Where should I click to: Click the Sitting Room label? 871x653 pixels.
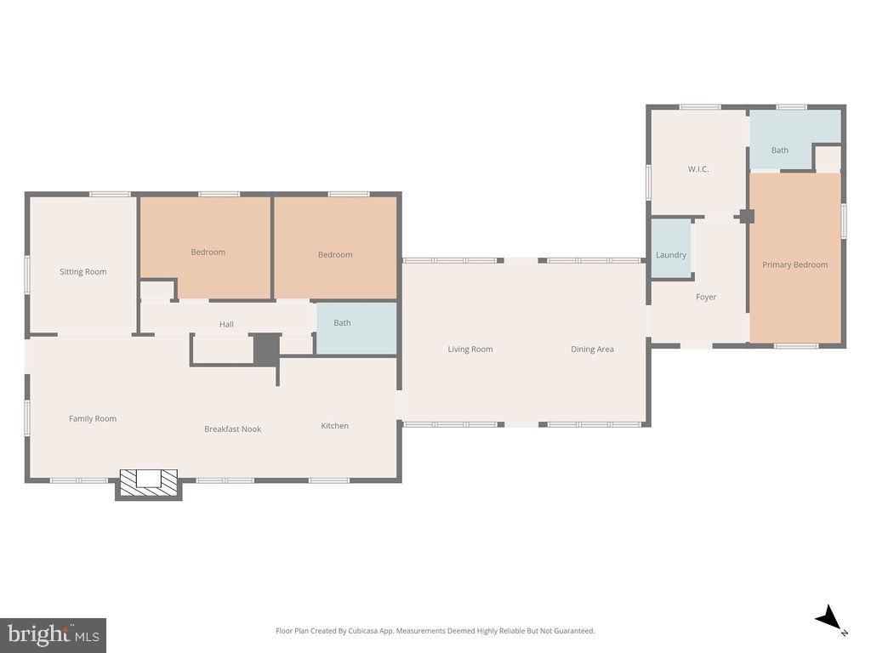[83, 272]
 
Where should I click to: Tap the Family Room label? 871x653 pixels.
[93, 418]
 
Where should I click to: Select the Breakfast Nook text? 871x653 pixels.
[232, 429]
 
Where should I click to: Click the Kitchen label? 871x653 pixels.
[334, 426]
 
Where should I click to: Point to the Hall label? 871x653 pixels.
[226, 324]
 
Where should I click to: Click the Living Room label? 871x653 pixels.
[470, 349]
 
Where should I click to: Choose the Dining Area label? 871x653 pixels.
[592, 349]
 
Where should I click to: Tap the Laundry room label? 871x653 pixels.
[671, 255]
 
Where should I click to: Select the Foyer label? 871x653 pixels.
[706, 298]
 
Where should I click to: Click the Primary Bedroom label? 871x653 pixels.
[794, 264]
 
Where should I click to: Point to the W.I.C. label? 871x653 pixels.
[698, 169]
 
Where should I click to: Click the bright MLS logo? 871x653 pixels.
[53, 634]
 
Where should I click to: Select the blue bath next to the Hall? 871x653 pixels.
[356, 327]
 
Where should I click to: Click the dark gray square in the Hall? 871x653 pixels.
[266, 349]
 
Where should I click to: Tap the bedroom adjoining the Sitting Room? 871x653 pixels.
[208, 247]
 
